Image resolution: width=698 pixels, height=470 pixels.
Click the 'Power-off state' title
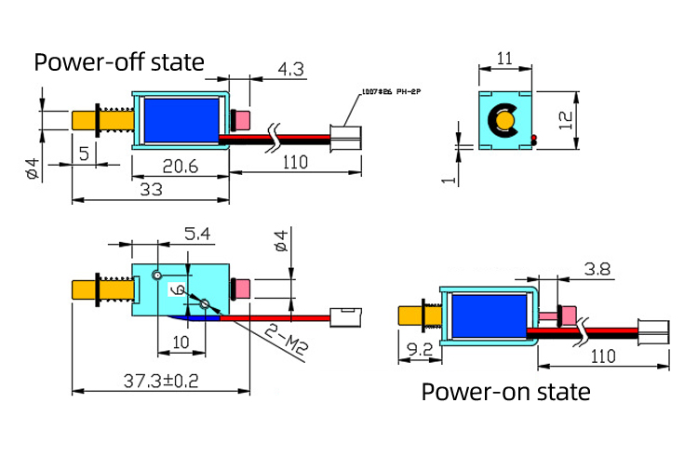(x=118, y=62)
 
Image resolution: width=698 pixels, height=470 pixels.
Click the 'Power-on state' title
(x=505, y=392)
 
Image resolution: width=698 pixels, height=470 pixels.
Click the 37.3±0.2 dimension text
(x=160, y=380)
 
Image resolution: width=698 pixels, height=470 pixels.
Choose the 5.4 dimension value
(x=196, y=235)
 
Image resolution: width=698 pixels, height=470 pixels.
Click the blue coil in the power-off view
(x=180, y=119)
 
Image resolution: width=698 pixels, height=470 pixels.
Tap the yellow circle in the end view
(x=505, y=119)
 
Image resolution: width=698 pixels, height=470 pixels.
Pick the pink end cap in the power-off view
(x=243, y=120)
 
